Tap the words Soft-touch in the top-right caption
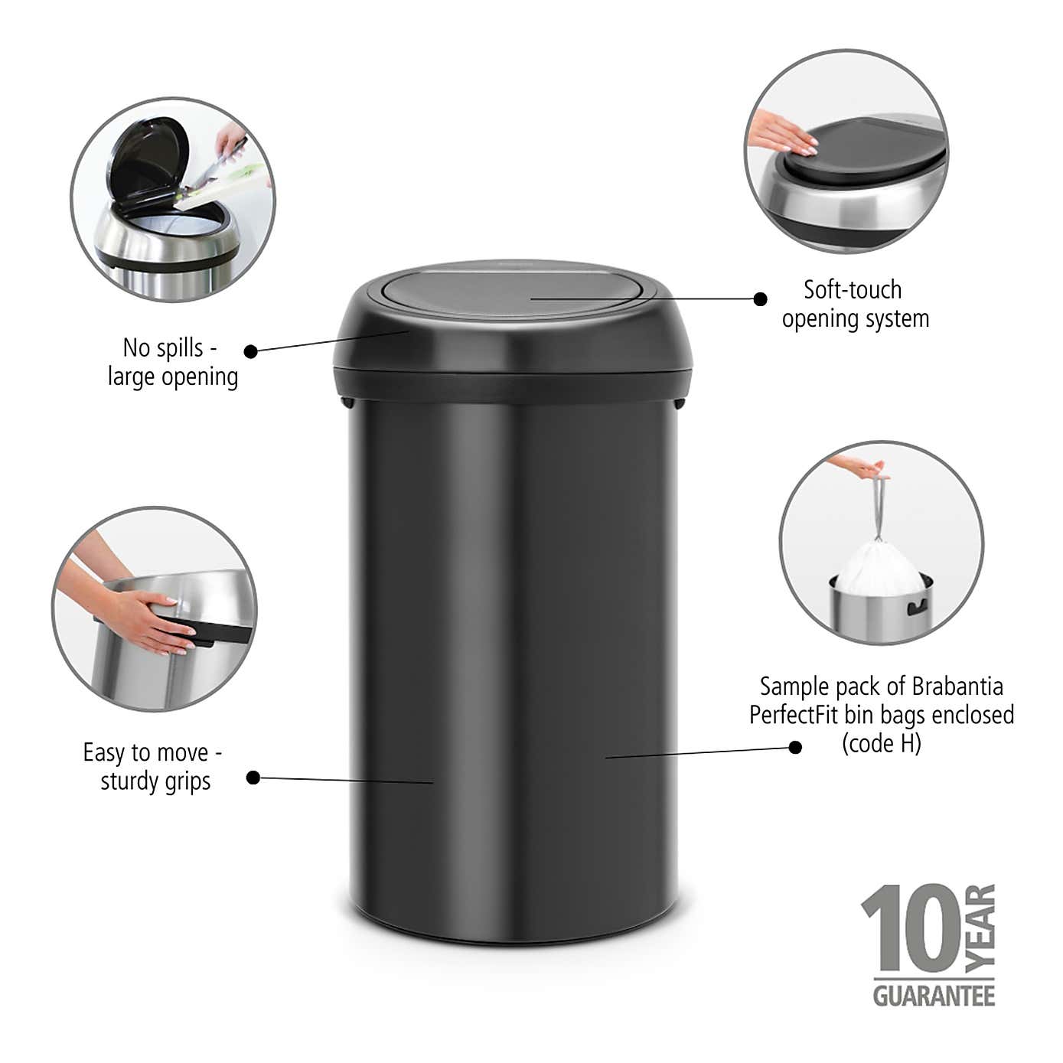pos(853,290)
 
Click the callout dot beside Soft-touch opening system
pos(760,299)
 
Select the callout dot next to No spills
pos(251,351)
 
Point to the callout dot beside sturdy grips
pos(253,778)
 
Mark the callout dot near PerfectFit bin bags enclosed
pos(795,747)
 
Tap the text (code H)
pos(881,744)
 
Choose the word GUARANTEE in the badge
pos(934,996)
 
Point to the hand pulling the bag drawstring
pos(862,466)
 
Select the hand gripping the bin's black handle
pos(153,620)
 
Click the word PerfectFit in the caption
pos(794,715)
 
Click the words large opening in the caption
pos(173,377)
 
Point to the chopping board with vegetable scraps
pos(226,184)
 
